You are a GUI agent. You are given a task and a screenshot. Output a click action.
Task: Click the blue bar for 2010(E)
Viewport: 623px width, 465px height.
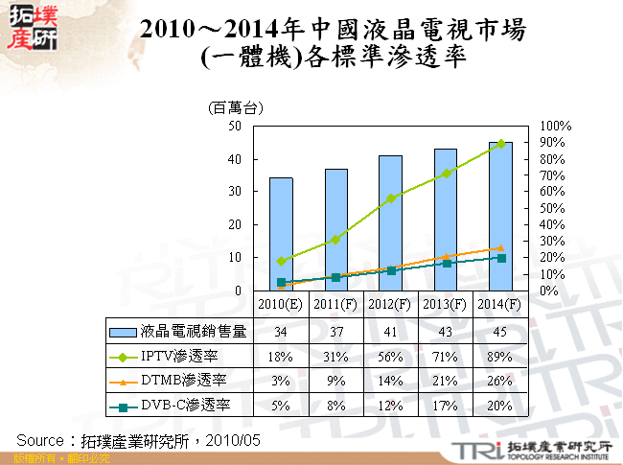tap(281, 234)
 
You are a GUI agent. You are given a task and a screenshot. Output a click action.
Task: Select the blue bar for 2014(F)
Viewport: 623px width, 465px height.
tap(501, 216)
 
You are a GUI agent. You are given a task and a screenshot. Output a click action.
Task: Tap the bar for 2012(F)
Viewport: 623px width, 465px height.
tap(391, 222)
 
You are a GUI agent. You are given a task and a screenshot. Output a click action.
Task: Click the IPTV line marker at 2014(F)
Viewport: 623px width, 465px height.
tap(501, 144)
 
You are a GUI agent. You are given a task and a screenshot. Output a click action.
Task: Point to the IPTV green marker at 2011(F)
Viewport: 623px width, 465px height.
tap(335, 239)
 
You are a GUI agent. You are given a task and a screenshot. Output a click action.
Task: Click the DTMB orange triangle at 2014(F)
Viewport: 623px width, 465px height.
tap(501, 248)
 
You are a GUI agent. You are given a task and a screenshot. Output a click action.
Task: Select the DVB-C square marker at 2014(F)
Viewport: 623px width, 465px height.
tap(501, 258)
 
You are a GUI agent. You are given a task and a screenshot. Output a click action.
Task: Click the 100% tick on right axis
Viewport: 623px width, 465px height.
tap(556, 126)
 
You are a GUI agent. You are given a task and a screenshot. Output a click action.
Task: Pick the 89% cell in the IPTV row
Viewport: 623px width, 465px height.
tap(501, 356)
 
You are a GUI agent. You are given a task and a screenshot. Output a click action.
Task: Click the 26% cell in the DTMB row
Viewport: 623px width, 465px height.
tap(501, 381)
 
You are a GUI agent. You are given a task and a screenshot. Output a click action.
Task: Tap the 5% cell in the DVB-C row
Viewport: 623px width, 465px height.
tap(281, 405)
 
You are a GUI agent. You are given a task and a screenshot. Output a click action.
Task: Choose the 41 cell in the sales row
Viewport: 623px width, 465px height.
tap(391, 332)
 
